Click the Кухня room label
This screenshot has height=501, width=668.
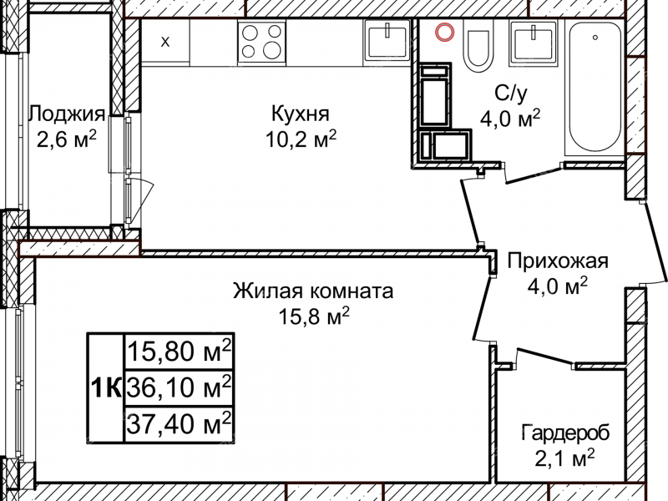click(300, 113)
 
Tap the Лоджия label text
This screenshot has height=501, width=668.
click(67, 114)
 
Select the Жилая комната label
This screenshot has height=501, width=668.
click(312, 292)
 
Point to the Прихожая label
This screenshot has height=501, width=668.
click(558, 261)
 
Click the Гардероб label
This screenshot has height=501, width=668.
click(565, 433)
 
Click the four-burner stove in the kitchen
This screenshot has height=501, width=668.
click(261, 41)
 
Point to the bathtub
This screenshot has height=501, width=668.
click(595, 88)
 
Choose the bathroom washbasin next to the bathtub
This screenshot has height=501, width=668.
click(531, 40)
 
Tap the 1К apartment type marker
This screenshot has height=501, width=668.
click(106, 387)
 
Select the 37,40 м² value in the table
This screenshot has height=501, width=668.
click(179, 423)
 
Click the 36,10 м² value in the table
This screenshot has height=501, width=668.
click(179, 387)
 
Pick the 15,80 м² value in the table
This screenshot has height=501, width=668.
click(179, 352)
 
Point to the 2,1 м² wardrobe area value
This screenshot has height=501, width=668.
click(565, 458)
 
